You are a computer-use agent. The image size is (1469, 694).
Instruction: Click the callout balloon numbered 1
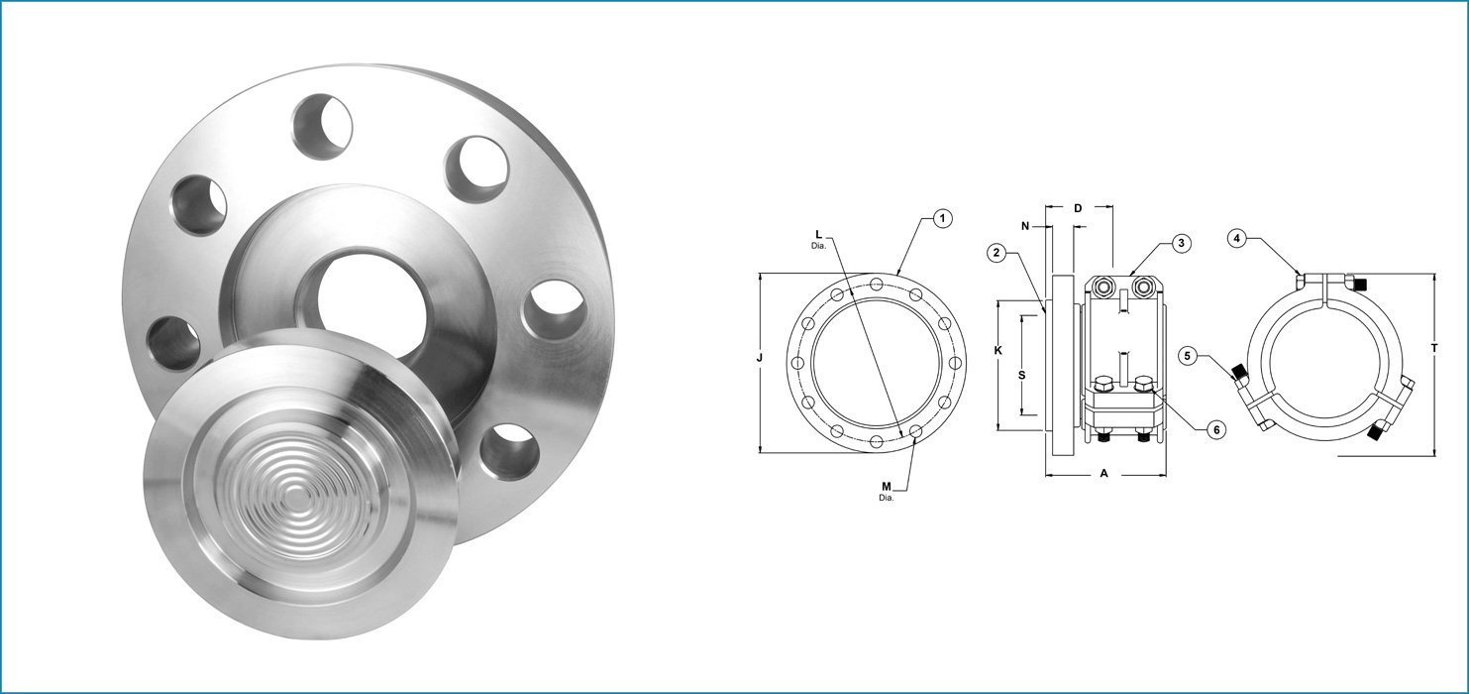pyautogui.click(x=943, y=218)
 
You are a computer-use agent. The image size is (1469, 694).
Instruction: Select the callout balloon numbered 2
pyautogui.click(x=1000, y=253)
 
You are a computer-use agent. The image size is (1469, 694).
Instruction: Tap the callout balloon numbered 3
pyautogui.click(x=1181, y=242)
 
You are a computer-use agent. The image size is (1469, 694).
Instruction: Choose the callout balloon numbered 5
pyautogui.click(x=1189, y=355)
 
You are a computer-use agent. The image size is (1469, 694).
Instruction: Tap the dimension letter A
pyautogui.click(x=1103, y=474)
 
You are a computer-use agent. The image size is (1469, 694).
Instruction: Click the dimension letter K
pyautogui.click(x=998, y=350)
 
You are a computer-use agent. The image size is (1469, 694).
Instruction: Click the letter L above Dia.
pyautogui.click(x=818, y=234)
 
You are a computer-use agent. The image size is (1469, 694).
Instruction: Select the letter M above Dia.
pyautogui.click(x=887, y=487)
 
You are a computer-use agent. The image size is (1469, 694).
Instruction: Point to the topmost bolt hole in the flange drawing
pyautogui.click(x=878, y=286)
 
